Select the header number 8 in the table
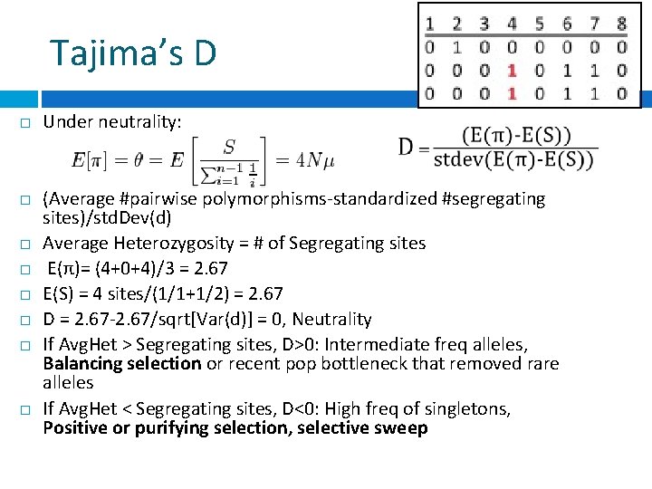[622, 24]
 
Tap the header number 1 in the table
[428, 24]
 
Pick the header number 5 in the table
[540, 24]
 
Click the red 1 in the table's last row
[512, 92]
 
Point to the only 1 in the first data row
[456, 47]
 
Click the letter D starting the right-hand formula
[407, 147]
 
